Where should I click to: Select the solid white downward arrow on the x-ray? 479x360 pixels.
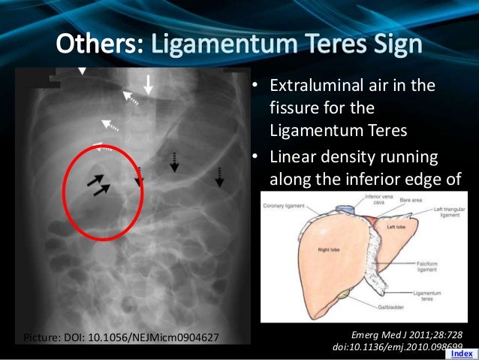click(x=149, y=84)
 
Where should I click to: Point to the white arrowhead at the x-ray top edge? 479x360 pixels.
click(x=83, y=71)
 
